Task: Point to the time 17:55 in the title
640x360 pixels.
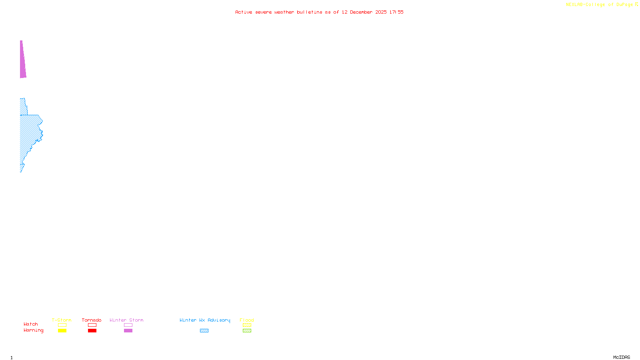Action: pyautogui.click(x=396, y=12)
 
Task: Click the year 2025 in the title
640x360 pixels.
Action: pyautogui.click(x=381, y=12)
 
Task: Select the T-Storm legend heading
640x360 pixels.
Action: pyautogui.click(x=62, y=320)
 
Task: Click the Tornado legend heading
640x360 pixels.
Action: pyautogui.click(x=92, y=320)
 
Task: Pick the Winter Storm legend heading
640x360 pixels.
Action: pyautogui.click(x=126, y=320)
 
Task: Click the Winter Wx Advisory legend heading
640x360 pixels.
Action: pyautogui.click(x=205, y=320)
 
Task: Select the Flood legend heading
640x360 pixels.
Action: pyautogui.click(x=247, y=320)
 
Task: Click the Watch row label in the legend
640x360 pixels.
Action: pyautogui.click(x=31, y=324)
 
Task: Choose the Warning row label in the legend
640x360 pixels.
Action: pyautogui.click(x=34, y=330)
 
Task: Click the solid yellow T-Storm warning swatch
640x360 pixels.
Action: pyautogui.click(x=62, y=331)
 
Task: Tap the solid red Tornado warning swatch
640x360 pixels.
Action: pyautogui.click(x=92, y=331)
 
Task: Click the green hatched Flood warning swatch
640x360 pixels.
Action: pyautogui.click(x=247, y=331)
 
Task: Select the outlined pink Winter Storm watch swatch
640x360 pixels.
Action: pyautogui.click(x=128, y=325)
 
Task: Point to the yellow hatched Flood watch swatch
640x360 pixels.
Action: pyautogui.click(x=247, y=325)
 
